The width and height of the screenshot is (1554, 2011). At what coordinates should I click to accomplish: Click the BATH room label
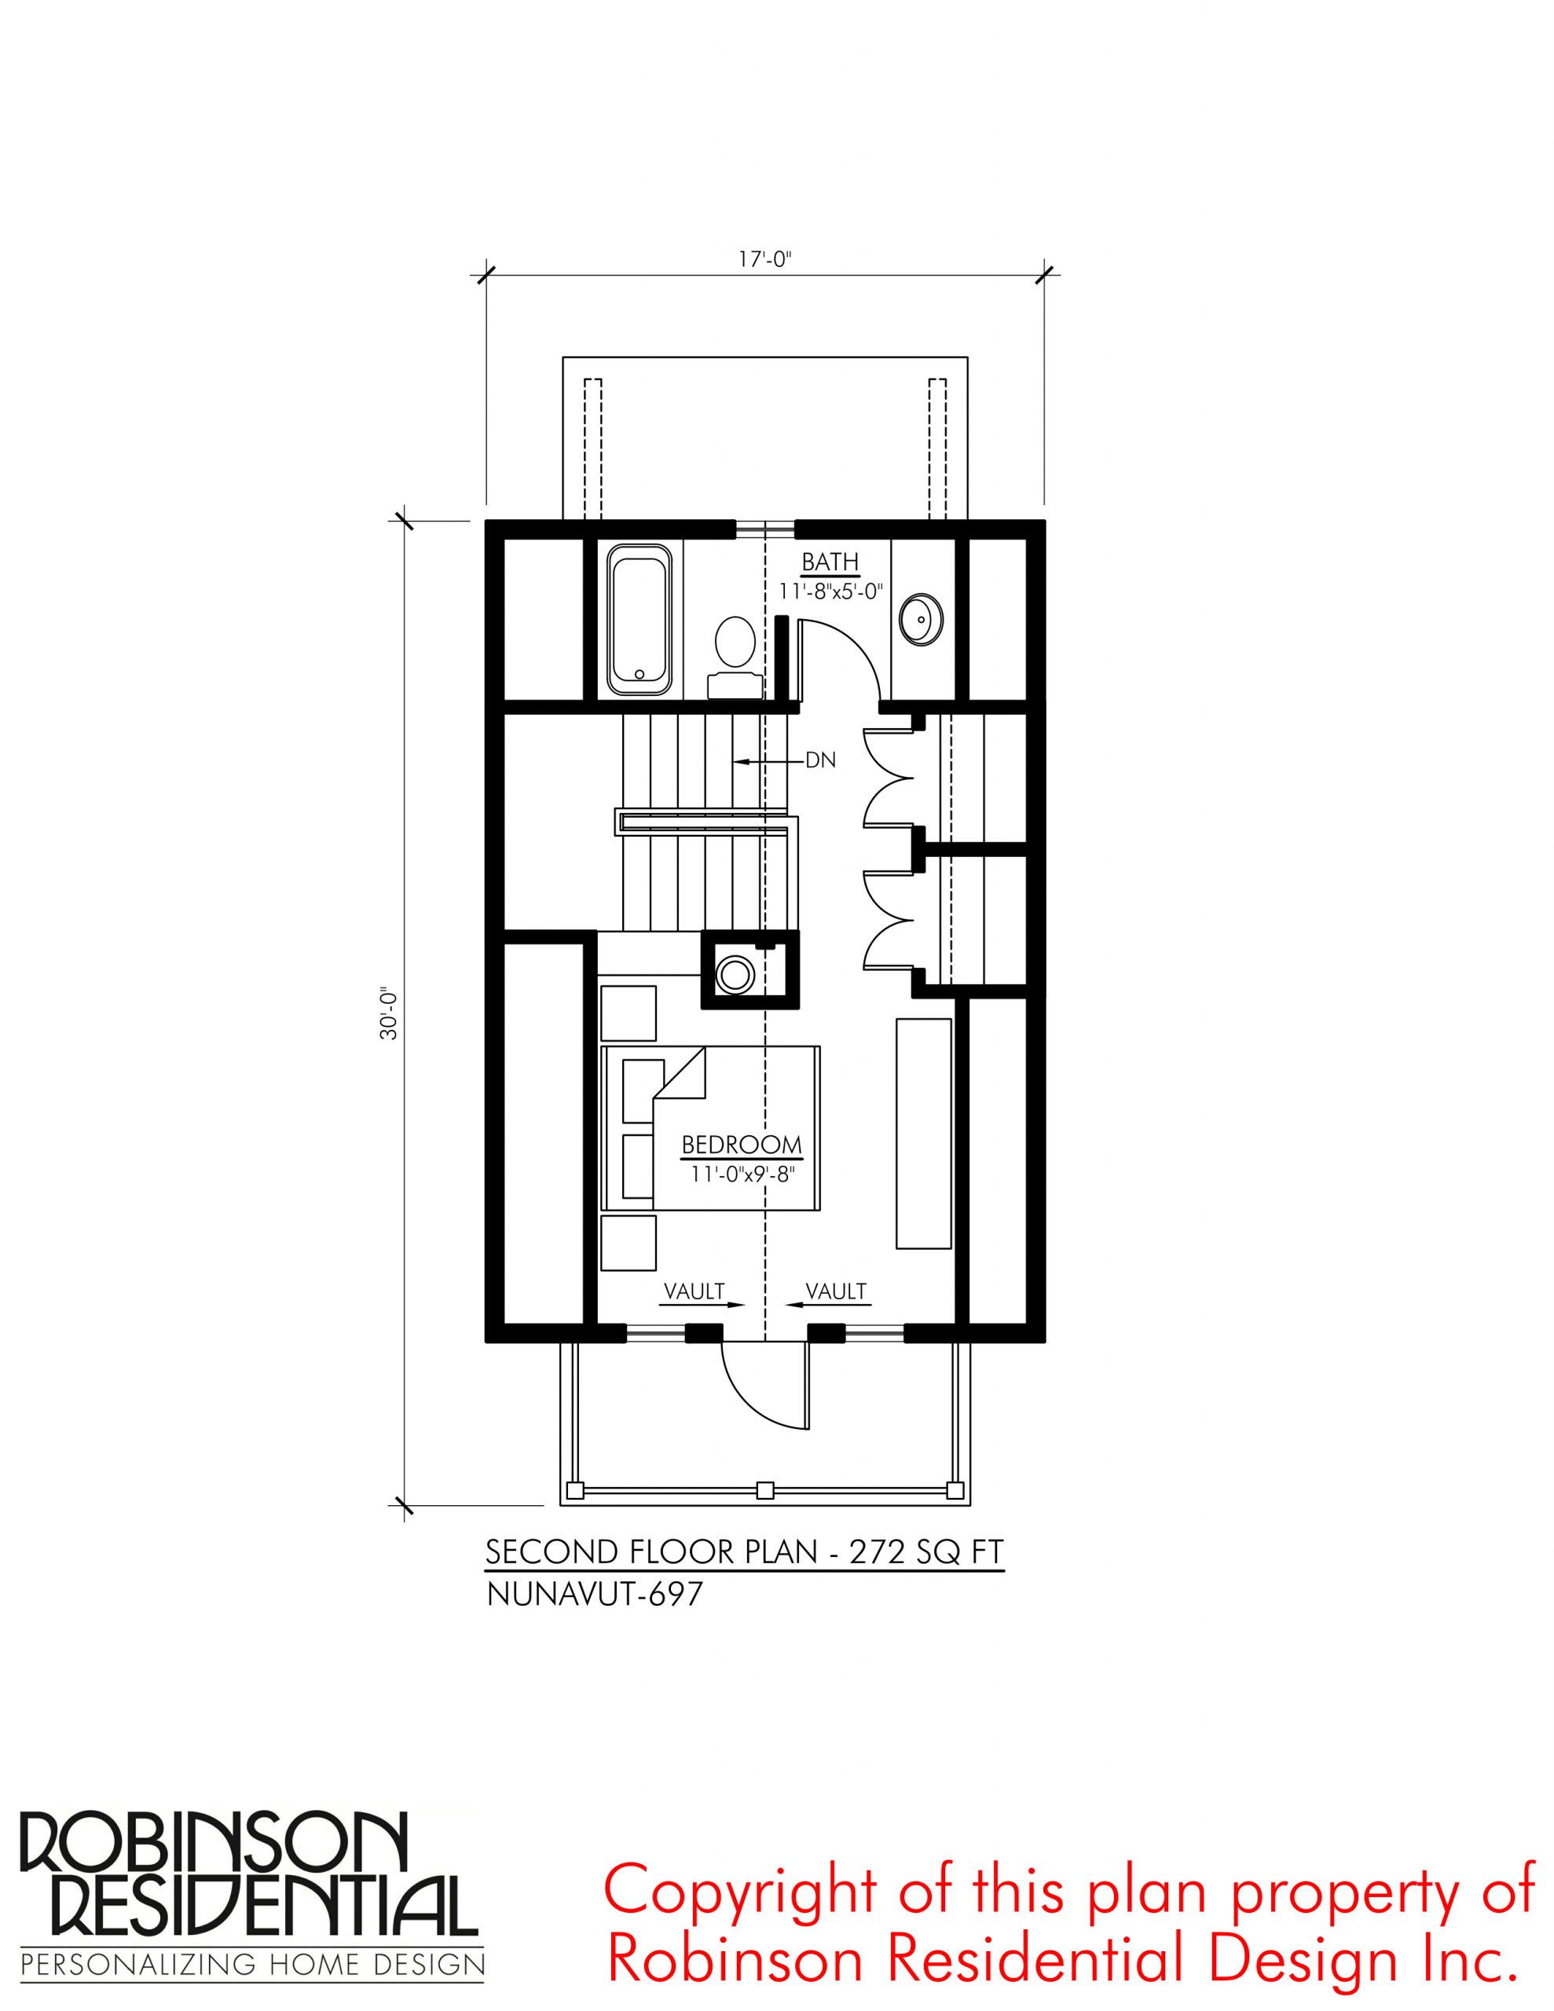(829, 562)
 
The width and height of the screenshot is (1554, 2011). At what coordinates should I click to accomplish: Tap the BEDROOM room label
(742, 1145)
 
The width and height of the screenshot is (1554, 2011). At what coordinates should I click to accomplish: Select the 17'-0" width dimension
(764, 261)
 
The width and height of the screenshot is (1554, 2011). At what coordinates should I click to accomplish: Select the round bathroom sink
(920, 619)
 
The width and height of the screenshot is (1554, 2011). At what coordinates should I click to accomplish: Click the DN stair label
(820, 760)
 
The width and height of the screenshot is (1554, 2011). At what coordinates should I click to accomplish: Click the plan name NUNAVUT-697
(594, 1620)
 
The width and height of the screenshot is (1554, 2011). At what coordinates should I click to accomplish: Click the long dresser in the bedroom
(924, 1134)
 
